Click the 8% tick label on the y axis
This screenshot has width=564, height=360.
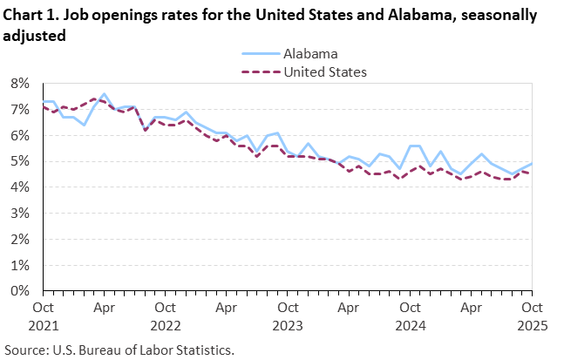point(20,84)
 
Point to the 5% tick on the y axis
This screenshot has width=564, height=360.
point(20,161)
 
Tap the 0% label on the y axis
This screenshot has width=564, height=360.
point(20,291)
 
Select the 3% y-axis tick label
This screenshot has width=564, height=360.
point(20,214)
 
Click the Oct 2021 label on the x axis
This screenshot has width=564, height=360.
point(44,315)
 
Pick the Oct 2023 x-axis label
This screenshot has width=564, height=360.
point(286,315)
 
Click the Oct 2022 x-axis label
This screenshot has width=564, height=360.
point(165,315)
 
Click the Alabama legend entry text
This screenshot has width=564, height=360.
point(309,54)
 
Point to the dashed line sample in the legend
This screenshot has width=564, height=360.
point(259,71)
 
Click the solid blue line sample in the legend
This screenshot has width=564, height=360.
point(259,54)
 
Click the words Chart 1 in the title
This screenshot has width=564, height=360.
point(31,16)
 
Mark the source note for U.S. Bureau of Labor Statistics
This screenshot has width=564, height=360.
point(119,350)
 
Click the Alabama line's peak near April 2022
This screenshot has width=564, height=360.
point(104,94)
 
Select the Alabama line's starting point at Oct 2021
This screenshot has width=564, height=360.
point(44,102)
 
